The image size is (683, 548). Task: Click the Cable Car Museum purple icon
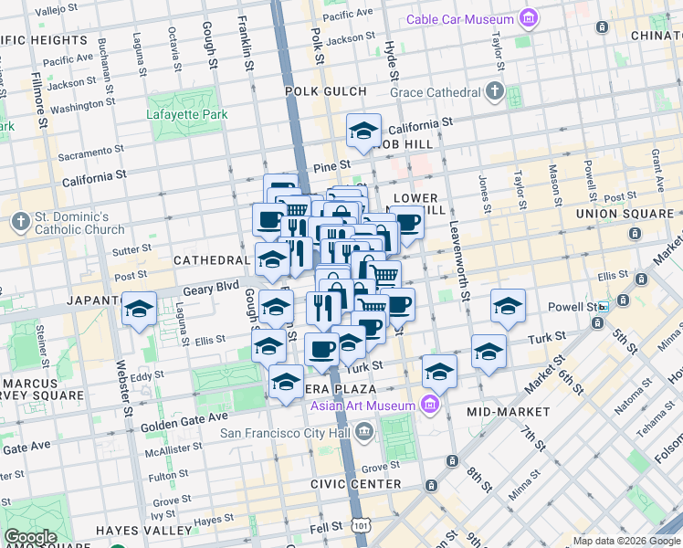point(528,18)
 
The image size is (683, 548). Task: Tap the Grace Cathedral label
point(435,92)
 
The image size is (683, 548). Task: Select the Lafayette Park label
point(187,115)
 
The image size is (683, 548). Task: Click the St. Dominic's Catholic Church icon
point(20,222)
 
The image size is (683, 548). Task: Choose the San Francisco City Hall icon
point(364,429)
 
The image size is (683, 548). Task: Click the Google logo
point(30,537)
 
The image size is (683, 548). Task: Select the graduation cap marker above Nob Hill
point(363,132)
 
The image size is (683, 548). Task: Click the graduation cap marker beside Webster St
point(139,310)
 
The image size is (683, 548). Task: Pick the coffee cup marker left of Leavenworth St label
point(406,222)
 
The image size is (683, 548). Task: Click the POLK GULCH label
point(325,91)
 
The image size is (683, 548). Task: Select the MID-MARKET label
point(508,412)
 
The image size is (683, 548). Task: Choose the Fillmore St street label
point(40,101)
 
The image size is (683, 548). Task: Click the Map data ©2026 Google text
point(625,541)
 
